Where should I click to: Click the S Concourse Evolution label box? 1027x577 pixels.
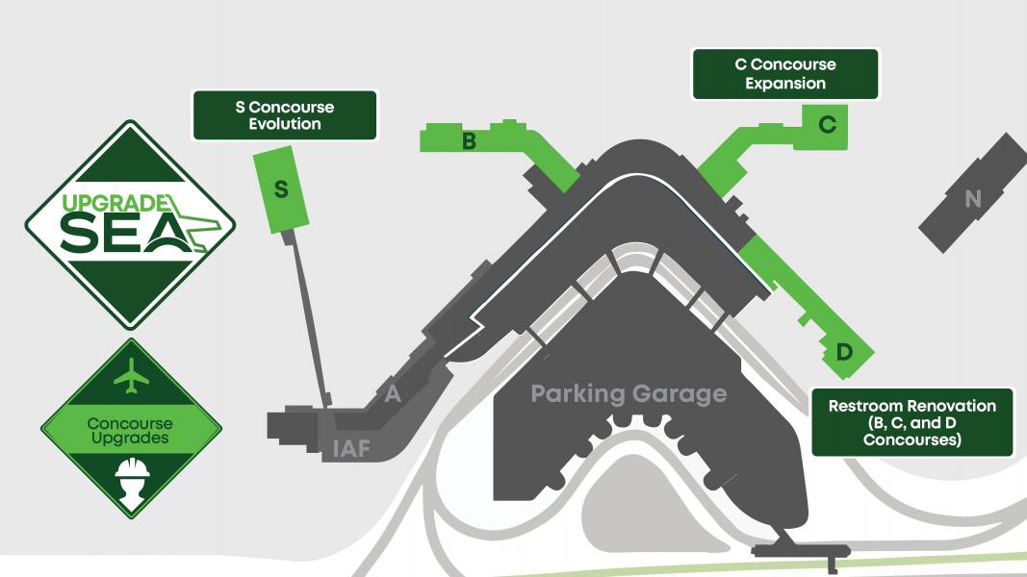284,114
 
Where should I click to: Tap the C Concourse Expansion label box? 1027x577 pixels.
784,74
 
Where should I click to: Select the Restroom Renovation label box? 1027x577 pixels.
911,423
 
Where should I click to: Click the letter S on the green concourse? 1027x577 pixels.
281,189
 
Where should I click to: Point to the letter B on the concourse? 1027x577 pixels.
470,142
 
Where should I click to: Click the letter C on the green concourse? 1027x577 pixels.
827,124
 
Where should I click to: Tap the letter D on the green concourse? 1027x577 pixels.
844,353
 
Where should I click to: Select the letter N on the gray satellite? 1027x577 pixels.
973,199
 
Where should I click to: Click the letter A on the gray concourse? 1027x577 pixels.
392,393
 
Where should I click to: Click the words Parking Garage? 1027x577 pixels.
629,393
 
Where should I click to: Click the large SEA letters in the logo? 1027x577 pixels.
120,233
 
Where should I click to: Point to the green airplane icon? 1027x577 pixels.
132,375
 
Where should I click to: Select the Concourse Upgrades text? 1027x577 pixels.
130,430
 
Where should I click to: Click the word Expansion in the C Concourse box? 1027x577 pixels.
784,84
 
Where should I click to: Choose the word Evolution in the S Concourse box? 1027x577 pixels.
284,124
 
